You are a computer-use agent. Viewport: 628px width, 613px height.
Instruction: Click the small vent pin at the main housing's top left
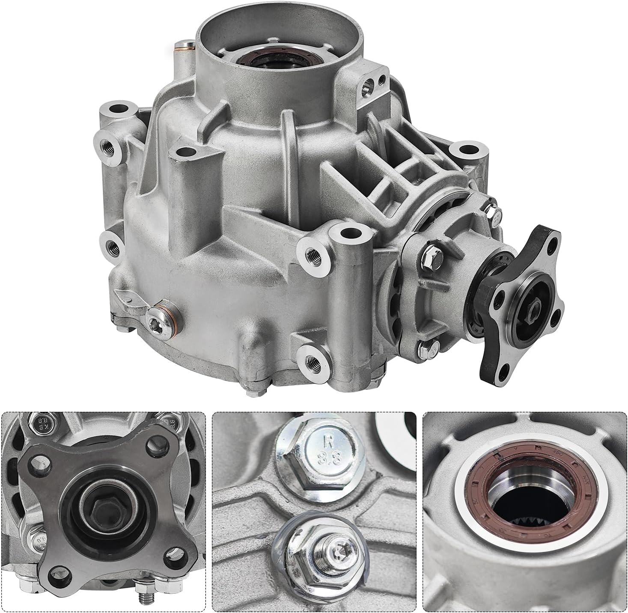tap(182, 46)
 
